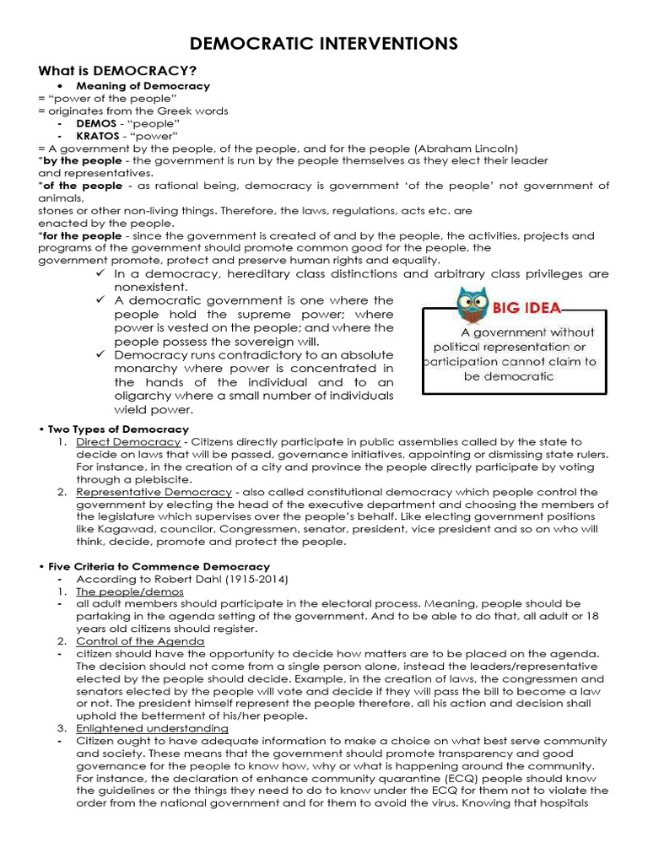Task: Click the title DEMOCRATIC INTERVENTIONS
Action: [x=323, y=43]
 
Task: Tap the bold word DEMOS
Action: [x=96, y=122]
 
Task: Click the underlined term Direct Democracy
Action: [x=127, y=442]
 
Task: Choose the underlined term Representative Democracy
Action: [x=153, y=492]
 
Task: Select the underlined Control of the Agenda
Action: [x=139, y=641]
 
